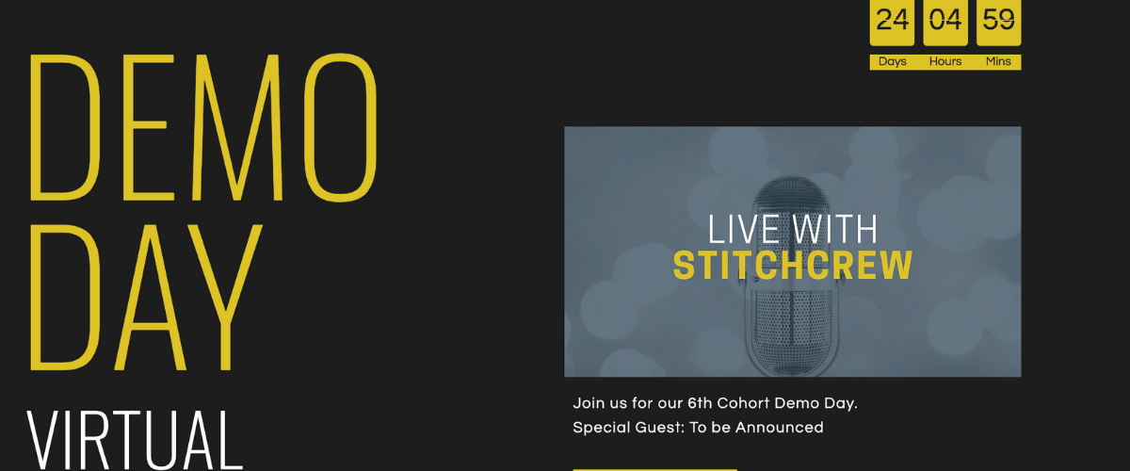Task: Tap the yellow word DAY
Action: [x=146, y=297]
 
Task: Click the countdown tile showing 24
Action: [x=892, y=22]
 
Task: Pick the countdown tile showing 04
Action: [x=945, y=22]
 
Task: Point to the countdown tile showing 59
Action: [x=998, y=22]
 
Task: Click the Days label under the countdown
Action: [x=892, y=62]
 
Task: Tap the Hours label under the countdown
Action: [x=945, y=62]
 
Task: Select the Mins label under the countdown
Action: [x=998, y=62]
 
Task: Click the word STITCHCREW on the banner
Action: [x=793, y=267]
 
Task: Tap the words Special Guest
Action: [x=622, y=428]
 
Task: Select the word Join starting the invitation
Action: [x=589, y=403]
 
